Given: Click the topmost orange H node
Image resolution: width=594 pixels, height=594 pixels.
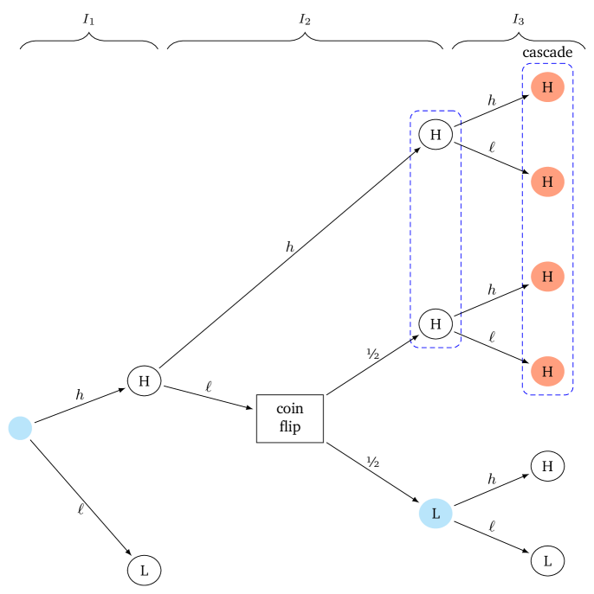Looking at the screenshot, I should pos(547,87).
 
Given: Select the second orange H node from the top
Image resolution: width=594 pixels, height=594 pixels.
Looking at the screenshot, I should pos(547,182).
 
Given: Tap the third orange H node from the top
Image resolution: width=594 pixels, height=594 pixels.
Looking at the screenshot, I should pos(547,277).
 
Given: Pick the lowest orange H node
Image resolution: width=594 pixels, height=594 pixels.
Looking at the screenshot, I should pos(547,372).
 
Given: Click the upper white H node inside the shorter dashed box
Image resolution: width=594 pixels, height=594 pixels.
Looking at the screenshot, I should pos(436,135).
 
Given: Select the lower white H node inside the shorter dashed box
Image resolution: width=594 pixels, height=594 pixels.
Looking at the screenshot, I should pos(436,324).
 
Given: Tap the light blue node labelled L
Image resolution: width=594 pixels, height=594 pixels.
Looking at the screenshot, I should pos(436,514).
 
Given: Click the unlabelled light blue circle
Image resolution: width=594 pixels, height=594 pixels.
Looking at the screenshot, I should pos(21,428).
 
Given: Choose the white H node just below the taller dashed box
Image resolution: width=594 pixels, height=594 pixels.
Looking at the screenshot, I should pos(547,466).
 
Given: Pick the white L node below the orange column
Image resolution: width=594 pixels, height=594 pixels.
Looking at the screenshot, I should pos(547,561).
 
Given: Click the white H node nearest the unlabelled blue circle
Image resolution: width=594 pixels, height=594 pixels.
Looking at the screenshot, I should pos(145,380).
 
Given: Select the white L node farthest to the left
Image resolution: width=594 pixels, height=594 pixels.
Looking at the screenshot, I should pos(145,571).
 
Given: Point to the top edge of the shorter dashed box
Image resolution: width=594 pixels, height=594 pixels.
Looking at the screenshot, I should pos(436,111).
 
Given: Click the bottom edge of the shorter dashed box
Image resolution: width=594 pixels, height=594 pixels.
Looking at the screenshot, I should pos(436,348).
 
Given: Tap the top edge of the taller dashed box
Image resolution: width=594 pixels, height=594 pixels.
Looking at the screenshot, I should pos(547,63).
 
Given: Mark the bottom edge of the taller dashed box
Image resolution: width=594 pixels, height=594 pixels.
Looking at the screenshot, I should pos(547,395).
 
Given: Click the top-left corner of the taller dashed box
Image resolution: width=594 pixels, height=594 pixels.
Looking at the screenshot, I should pos(523,65).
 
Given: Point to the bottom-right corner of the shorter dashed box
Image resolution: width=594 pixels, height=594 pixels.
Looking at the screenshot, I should pos(460,346).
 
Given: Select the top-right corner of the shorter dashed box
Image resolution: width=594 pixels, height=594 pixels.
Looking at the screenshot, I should pos(460,112).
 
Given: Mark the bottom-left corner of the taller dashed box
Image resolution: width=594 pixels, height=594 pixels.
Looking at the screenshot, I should pos(523,393).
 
